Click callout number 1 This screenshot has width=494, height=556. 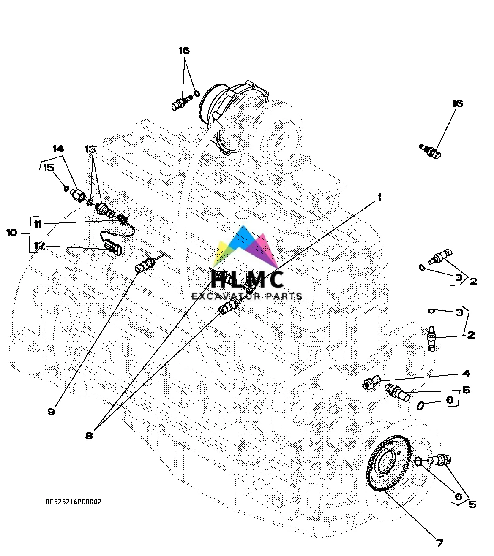point(379,197)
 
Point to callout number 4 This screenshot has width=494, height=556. point(466,373)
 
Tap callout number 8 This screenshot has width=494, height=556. point(89,436)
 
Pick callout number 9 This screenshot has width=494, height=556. point(51,412)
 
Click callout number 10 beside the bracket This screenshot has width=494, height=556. point(11,232)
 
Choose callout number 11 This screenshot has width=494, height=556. point(38,224)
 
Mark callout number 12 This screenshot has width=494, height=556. point(39,246)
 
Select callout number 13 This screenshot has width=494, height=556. point(90,149)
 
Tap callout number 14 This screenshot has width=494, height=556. point(58,149)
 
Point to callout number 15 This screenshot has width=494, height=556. point(49,168)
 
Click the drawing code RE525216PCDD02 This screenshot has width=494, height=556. point(74,502)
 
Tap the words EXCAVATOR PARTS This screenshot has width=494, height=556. point(247,296)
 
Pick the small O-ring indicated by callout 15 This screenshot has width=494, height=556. point(66,188)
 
